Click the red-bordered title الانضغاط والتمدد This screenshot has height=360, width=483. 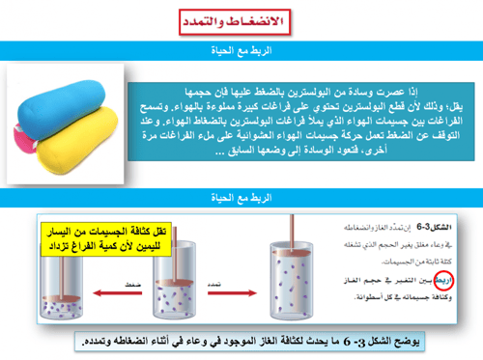[241, 21]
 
